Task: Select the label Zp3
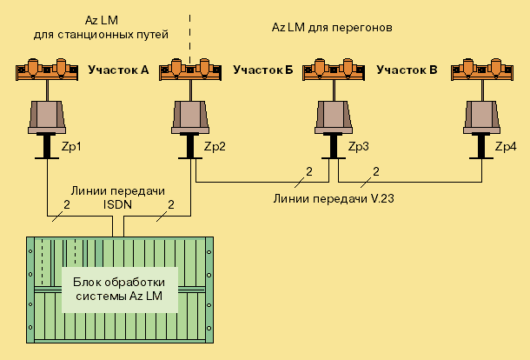[x=358, y=147]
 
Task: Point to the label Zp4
[x=505, y=147]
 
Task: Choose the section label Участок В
[x=407, y=70]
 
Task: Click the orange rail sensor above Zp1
[x=46, y=69]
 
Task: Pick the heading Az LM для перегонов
[x=334, y=27]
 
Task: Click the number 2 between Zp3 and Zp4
[x=376, y=170]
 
